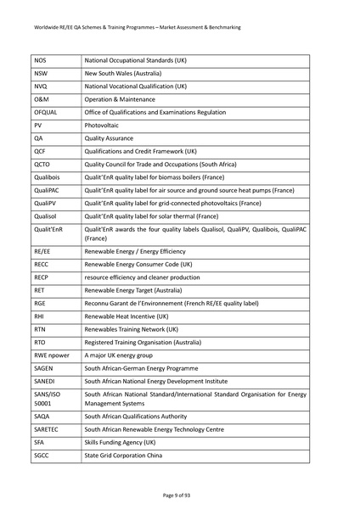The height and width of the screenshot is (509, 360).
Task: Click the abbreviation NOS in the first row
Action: [x=41, y=61]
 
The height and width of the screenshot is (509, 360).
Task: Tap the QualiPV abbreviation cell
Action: [x=46, y=203]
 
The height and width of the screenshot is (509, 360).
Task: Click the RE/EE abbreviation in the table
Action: [x=42, y=252]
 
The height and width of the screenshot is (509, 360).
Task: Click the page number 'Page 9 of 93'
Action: [x=179, y=494]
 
